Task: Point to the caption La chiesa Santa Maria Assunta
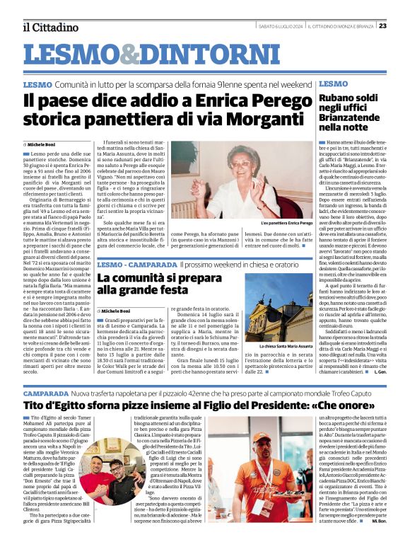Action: pyautogui.click(x=282, y=346)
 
